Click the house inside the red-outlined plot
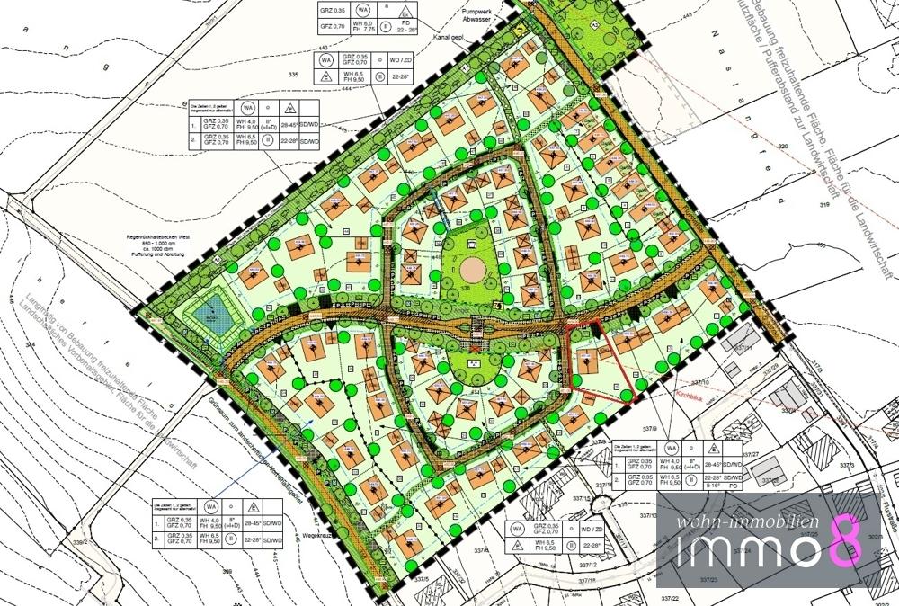pyautogui.click(x=589, y=361)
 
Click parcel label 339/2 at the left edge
pyautogui.click(x=81, y=542)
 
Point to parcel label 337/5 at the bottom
pyautogui.click(x=423, y=580)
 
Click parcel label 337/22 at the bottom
pyautogui.click(x=668, y=597)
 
